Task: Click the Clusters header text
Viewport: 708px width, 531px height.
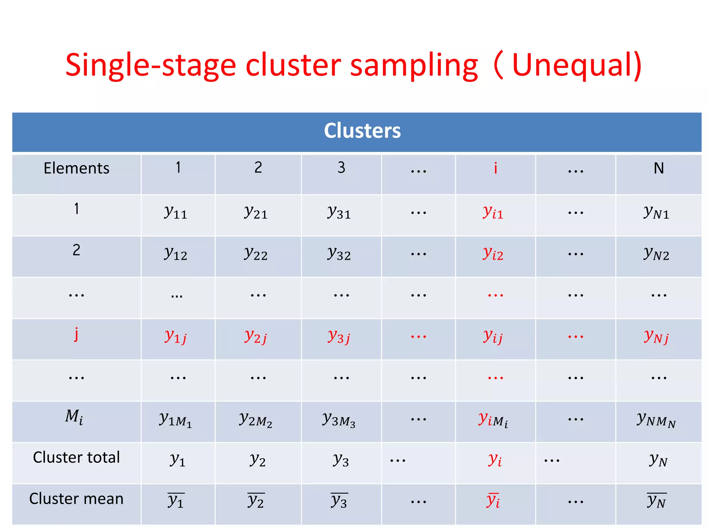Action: pyautogui.click(x=362, y=131)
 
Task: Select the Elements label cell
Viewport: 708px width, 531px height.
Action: pyautogui.click(x=76, y=168)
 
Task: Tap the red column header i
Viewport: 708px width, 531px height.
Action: pyautogui.click(x=495, y=168)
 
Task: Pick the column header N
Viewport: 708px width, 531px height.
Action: pyautogui.click(x=659, y=168)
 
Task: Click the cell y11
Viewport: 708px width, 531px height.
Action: pyautogui.click(x=176, y=212)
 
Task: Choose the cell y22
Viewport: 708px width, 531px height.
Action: pyautogui.click(x=256, y=253)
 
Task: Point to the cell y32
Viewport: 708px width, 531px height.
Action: pyautogui.click(x=339, y=253)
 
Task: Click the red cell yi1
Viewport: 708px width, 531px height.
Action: pyautogui.click(x=493, y=212)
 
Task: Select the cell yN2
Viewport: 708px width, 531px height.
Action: pyautogui.click(x=656, y=253)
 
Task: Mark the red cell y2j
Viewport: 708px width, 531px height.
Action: pyautogui.click(x=256, y=336)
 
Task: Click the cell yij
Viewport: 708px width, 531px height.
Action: pyautogui.click(x=493, y=336)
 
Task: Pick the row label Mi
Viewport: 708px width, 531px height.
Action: pyautogui.click(x=74, y=417)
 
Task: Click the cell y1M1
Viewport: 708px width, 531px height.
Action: pyautogui.click(x=176, y=419)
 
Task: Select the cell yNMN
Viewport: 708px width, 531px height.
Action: pyautogui.click(x=656, y=419)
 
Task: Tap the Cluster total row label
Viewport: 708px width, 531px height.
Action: pyautogui.click(x=76, y=457)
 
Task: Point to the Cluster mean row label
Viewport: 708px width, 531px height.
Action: pyautogui.click(x=76, y=499)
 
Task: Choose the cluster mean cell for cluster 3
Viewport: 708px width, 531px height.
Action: pyautogui.click(x=339, y=501)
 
